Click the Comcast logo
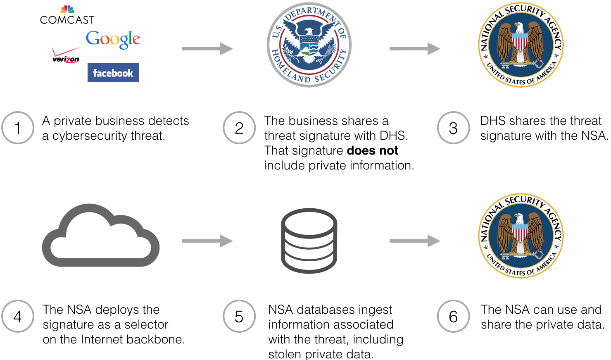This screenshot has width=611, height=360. click(67, 15)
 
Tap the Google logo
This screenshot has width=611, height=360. click(113, 39)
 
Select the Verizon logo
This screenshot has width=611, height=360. click(66, 55)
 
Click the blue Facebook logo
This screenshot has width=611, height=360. click(113, 73)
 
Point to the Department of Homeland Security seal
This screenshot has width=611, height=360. click(309, 45)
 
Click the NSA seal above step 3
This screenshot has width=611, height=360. click(521, 45)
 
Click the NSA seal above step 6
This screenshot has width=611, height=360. click(521, 236)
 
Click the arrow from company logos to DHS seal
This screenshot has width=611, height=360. click(207, 49)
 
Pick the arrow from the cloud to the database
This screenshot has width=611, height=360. click(207, 241)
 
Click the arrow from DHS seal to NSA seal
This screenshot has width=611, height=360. click(415, 49)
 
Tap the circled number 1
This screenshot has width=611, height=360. click(18, 128)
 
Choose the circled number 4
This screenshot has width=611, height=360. click(18, 316)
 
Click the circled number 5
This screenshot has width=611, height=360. click(239, 316)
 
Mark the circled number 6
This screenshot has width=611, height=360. click(453, 316)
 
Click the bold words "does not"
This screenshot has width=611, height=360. click(372, 150)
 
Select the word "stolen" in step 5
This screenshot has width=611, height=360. click(285, 354)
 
